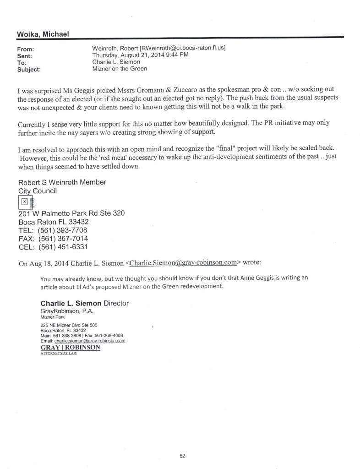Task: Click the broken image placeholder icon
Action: (23, 202)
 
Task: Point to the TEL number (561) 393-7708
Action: (63, 230)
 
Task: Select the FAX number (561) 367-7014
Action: (63, 239)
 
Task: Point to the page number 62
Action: (182, 456)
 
